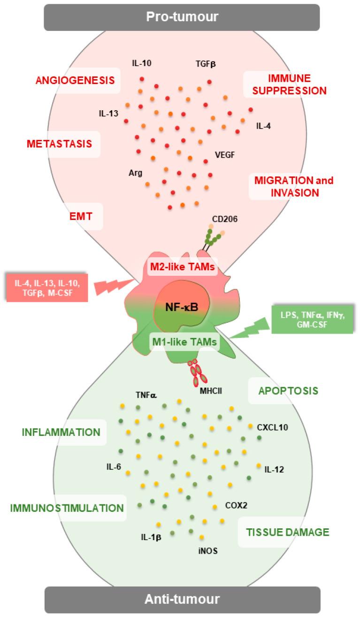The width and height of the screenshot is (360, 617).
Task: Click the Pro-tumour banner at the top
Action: coord(180,17)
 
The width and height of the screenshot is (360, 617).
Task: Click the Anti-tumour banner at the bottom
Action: coord(180,599)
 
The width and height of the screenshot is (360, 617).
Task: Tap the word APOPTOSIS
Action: coord(288,390)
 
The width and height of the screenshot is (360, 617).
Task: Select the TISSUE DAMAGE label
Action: coord(287,532)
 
